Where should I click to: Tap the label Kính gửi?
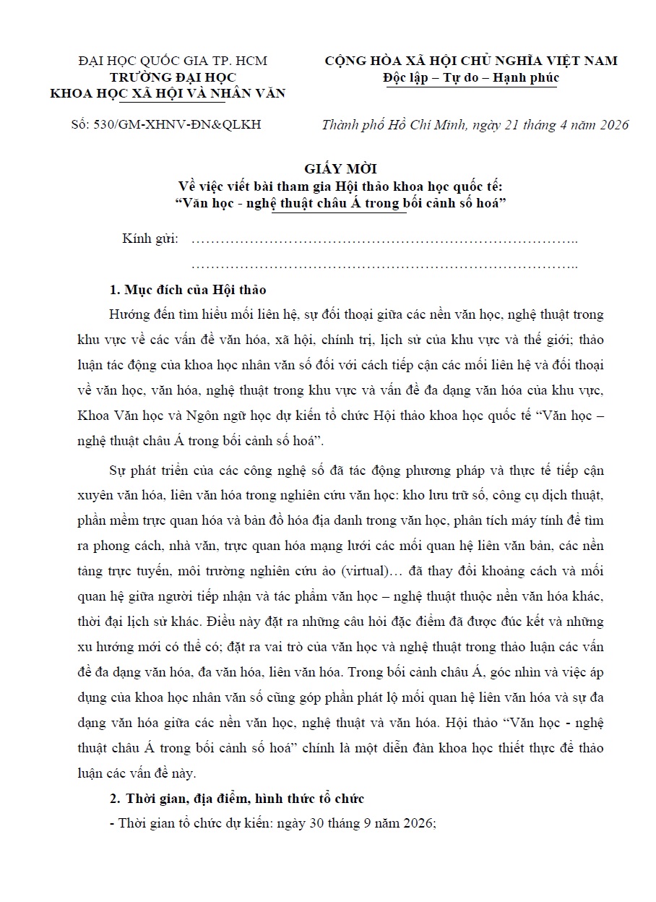click(x=151, y=239)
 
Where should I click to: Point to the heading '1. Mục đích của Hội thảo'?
click(x=187, y=290)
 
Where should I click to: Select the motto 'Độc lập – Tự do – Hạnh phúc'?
click(x=470, y=77)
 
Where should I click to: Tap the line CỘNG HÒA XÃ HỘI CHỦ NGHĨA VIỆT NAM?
click(x=471, y=61)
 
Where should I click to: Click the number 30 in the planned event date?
click(x=291, y=823)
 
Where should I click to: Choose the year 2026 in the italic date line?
click(x=613, y=124)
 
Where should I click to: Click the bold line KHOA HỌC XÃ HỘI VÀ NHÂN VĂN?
click(x=167, y=93)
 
